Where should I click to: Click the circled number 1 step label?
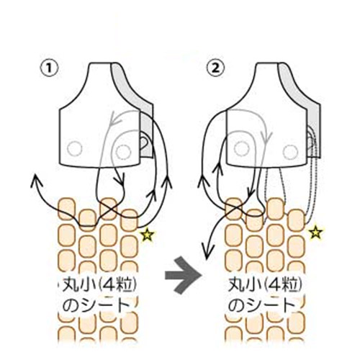coord(49,68)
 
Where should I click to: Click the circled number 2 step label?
coord(216,68)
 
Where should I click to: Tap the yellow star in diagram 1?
coord(148,235)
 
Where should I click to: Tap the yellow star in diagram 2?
coord(315,233)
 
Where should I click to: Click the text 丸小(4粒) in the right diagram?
coord(265,285)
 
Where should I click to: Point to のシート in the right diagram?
coord(261,305)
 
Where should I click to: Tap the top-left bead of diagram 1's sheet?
coord(67,209)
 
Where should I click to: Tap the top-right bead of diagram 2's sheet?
coord(297,220)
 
